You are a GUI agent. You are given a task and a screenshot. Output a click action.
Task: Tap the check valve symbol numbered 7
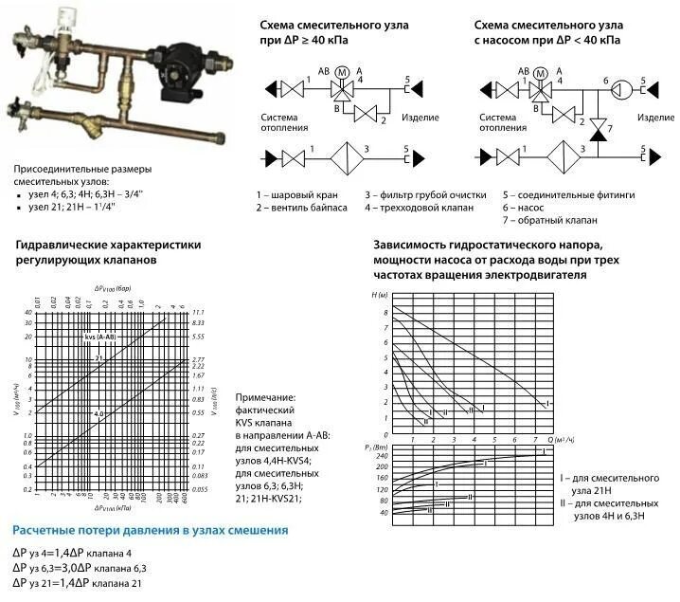(598, 125)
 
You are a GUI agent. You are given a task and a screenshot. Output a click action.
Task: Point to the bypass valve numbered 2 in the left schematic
(365, 114)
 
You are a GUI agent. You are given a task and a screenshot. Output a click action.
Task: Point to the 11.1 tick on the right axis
(199, 313)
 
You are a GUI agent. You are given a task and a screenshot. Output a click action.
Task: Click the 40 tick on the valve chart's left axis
(28, 323)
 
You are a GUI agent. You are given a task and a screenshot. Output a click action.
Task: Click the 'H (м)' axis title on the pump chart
(381, 296)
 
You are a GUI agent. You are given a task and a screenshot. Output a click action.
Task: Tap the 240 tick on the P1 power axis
(384, 455)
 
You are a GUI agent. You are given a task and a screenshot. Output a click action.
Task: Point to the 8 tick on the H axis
(385, 312)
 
